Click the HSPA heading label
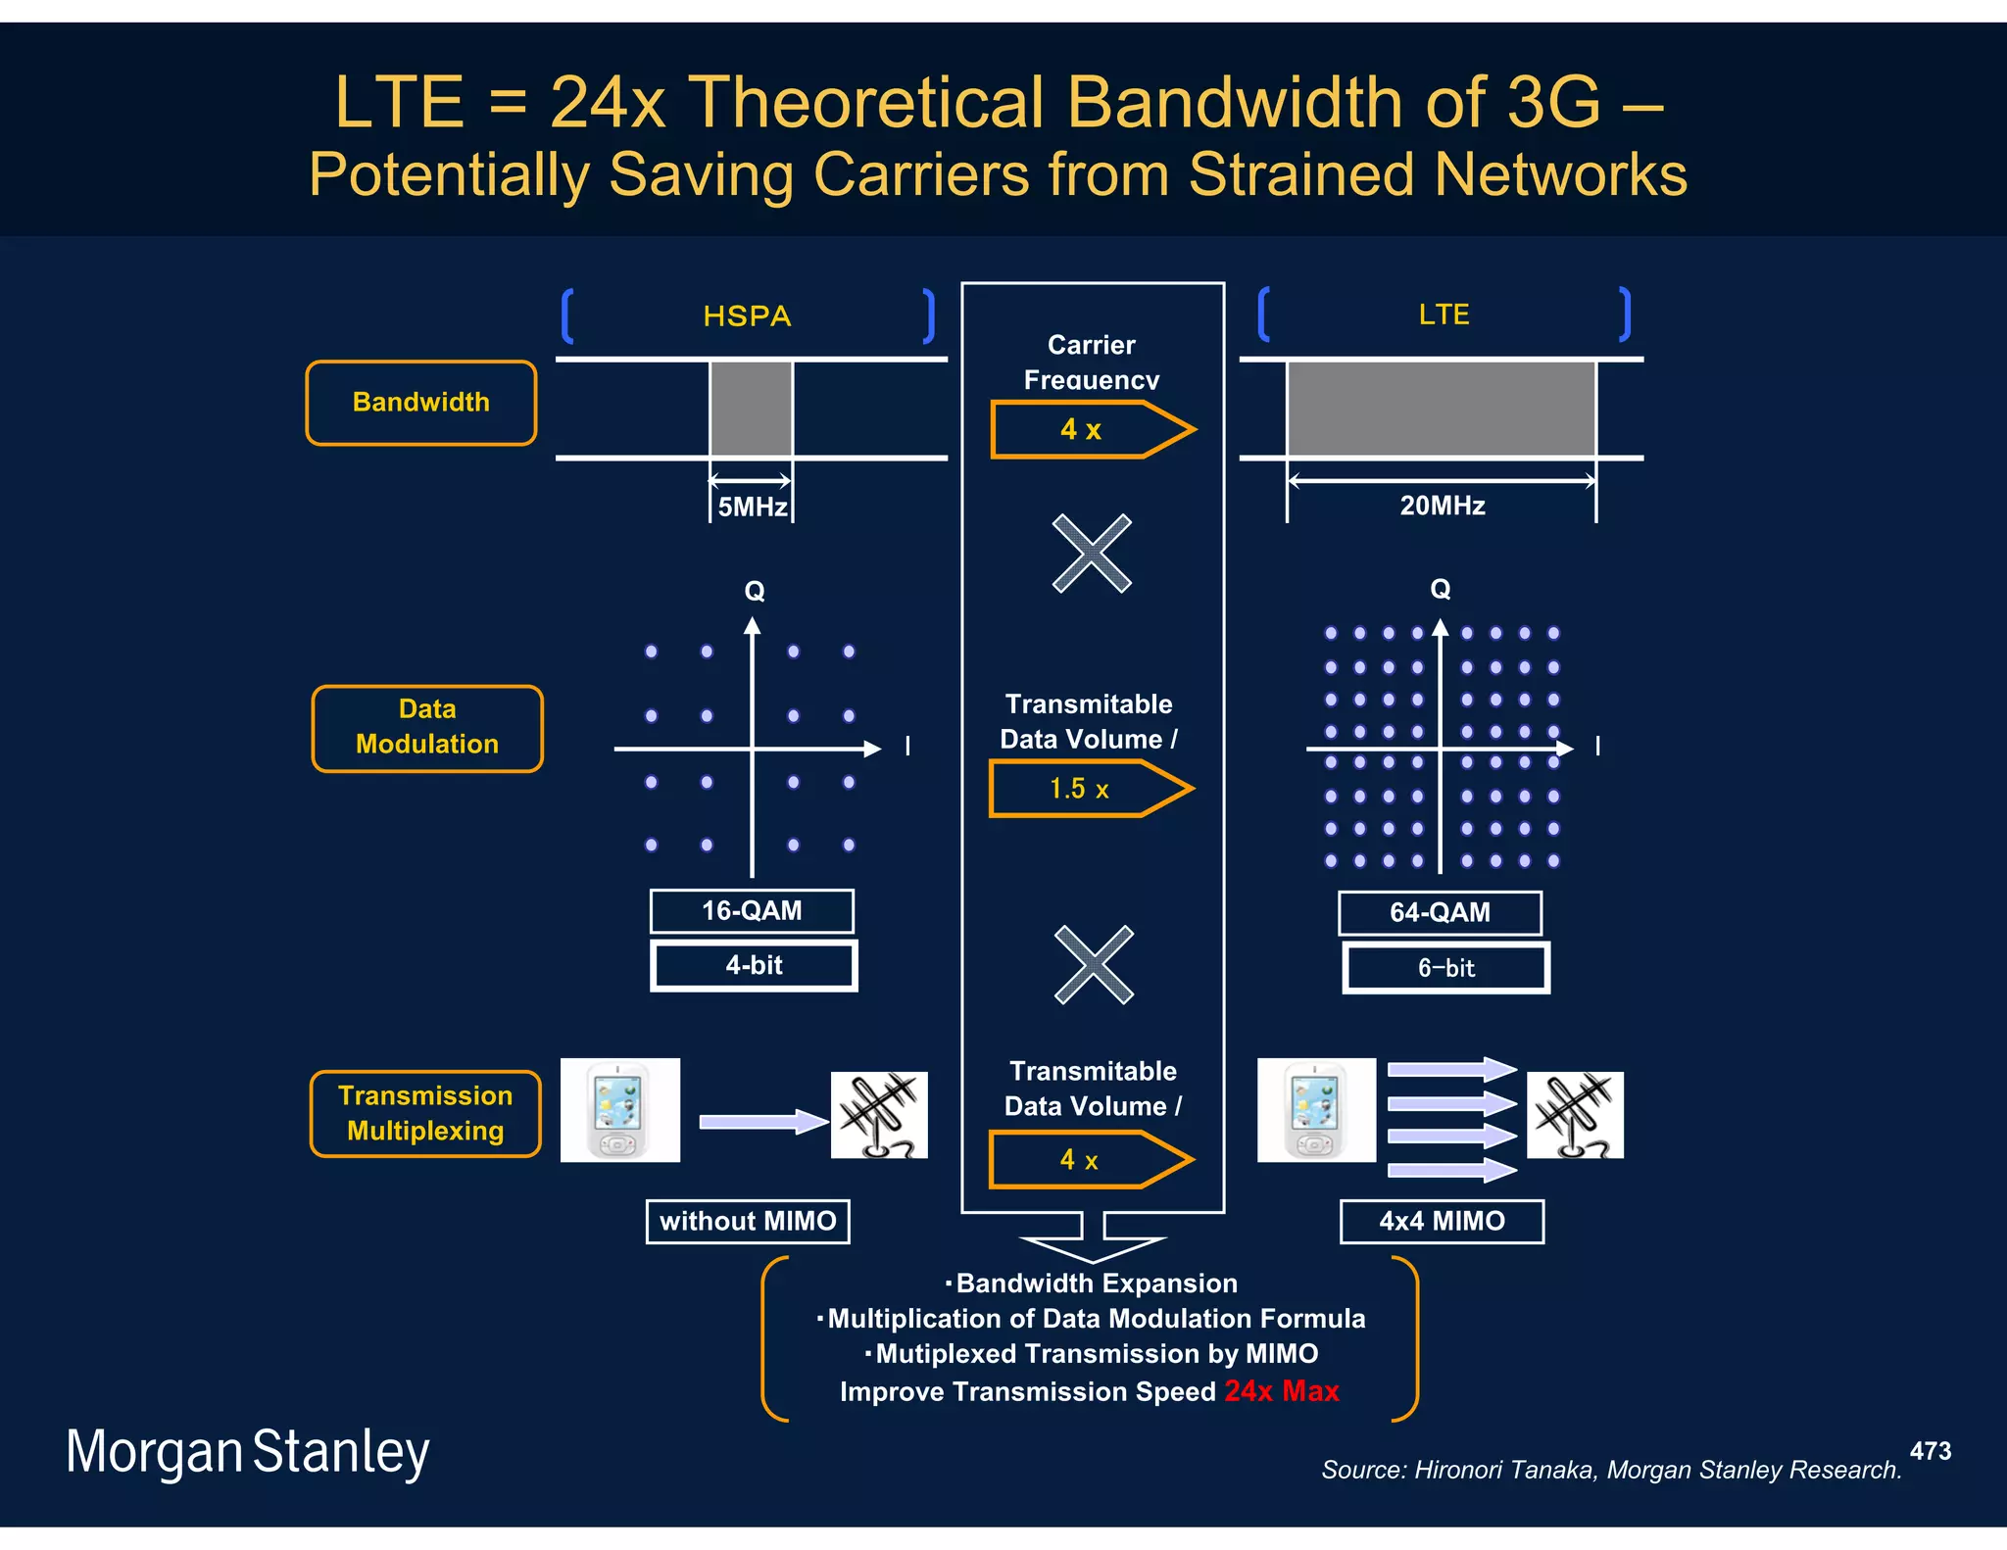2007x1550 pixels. pos(747,316)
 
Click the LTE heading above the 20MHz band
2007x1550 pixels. pos(1444,315)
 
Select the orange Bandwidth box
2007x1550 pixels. pos(421,403)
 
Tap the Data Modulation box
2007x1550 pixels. pos(427,728)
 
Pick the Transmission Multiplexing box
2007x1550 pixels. pos(425,1114)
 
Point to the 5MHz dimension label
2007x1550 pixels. pos(752,507)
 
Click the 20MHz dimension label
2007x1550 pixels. pos(1442,506)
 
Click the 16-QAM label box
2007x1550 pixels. pos(752,911)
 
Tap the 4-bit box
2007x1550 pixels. pos(754,966)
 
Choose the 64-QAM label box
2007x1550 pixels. pos(1440,913)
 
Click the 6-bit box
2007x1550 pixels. pos(1445,968)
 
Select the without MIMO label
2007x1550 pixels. pos(748,1222)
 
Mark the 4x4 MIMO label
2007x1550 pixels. pos(1442,1222)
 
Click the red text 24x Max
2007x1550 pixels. pos(1281,1391)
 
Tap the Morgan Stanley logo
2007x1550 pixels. pos(247,1452)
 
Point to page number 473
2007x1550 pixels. pos(1930,1451)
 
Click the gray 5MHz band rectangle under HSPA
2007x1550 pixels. pos(751,409)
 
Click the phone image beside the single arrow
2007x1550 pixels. pos(619,1110)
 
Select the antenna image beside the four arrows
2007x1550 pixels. pos(1575,1115)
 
